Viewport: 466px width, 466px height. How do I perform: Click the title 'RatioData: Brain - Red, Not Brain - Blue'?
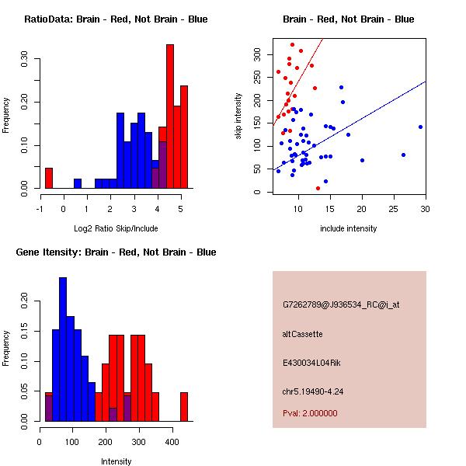[116, 19]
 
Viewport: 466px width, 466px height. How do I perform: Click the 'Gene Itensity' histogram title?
[116, 252]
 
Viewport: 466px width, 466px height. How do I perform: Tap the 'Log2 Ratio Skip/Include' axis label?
[116, 228]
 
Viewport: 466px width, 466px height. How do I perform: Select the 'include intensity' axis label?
[348, 228]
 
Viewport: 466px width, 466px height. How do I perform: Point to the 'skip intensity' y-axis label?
[238, 116]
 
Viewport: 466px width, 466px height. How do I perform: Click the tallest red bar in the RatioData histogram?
[170, 116]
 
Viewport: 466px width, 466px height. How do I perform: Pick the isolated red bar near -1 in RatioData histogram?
[49, 178]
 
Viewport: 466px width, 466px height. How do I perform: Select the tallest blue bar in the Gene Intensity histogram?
[63, 349]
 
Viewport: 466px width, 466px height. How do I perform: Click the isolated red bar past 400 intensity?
[184, 407]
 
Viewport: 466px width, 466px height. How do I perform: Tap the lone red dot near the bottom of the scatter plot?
[318, 189]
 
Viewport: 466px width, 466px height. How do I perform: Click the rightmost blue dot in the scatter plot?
[420, 127]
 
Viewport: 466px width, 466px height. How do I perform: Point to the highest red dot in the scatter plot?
[293, 45]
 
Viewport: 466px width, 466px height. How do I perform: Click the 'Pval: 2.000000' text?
[310, 413]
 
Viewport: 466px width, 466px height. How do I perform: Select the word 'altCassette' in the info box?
[302, 334]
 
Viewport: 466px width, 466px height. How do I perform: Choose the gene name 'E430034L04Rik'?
[311, 363]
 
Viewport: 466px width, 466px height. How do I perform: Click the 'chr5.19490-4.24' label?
[313, 391]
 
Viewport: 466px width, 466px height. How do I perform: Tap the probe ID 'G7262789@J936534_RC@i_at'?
[341, 305]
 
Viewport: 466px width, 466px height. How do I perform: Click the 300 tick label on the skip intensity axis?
[257, 54]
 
